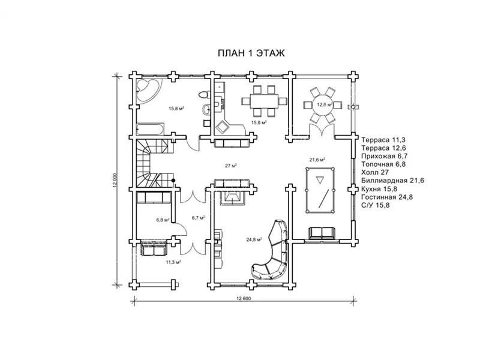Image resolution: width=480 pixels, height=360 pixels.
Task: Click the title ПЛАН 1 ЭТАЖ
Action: (250, 53)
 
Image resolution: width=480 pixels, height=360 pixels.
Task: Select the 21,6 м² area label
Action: (317, 160)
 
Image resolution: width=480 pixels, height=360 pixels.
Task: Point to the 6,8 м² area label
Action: (163, 220)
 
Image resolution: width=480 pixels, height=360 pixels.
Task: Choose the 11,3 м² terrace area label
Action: (174, 262)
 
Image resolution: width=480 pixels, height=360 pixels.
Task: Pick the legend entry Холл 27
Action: (376, 172)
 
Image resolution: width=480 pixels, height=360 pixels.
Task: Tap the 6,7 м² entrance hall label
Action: (199, 218)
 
